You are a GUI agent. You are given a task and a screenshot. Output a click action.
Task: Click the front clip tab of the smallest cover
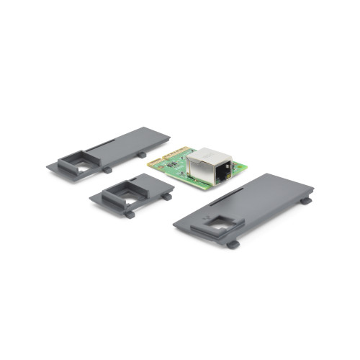click(129, 213)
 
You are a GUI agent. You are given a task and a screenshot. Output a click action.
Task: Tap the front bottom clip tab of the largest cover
click(233, 244)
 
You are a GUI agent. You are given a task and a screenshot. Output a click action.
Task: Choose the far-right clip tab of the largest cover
click(306, 201)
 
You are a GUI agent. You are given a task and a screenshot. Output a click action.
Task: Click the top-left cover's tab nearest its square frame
click(107, 170)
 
